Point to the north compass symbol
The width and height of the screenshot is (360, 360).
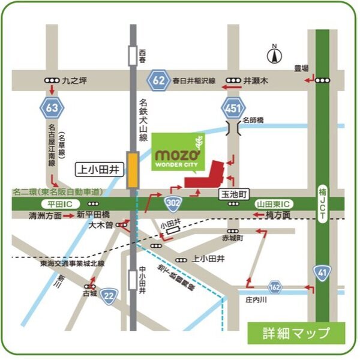pos(274,55)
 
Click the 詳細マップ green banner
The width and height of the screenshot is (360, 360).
pos(296,332)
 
